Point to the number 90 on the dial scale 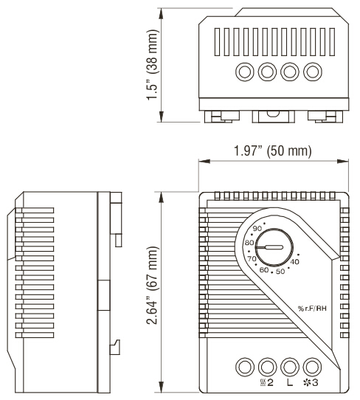(257, 230)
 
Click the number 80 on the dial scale (249, 243)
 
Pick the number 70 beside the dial (252, 258)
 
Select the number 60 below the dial (263, 269)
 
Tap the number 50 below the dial (279, 272)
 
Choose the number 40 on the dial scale (294, 262)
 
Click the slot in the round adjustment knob (274, 249)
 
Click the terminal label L (289, 382)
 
